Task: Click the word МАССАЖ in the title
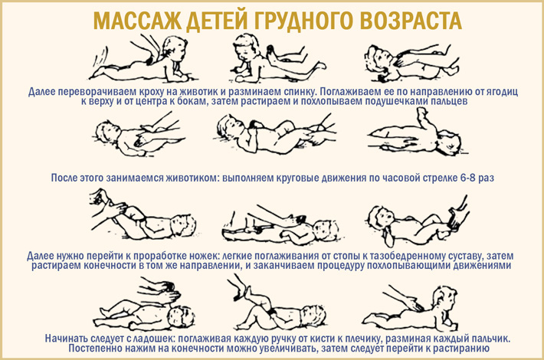(137, 21)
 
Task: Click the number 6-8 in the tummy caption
(467, 178)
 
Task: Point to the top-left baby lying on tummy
(139, 61)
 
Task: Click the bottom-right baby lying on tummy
(411, 309)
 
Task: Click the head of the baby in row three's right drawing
(381, 218)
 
